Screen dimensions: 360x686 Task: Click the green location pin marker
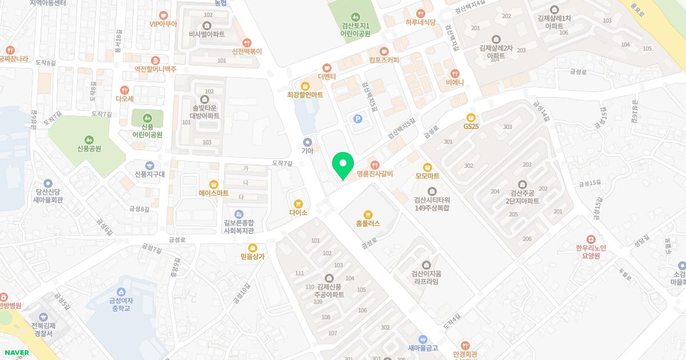coord(343,165)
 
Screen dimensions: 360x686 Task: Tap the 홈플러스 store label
coord(368,223)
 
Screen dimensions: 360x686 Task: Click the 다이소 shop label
coord(298,213)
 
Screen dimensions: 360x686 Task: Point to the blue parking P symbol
coord(358,119)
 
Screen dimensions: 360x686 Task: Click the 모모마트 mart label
coord(427,175)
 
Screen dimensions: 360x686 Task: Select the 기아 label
coord(308,151)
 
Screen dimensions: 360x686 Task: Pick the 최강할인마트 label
coord(305,94)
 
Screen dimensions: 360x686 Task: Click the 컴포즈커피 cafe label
coord(384,59)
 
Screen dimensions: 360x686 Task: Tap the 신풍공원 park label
coord(89,148)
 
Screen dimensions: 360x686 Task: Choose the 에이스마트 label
coord(214,193)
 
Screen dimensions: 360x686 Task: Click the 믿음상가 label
coord(253,257)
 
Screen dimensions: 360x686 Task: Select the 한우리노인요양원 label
coord(591,252)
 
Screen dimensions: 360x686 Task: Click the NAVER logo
coord(16,353)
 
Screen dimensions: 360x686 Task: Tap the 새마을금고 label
coord(422,347)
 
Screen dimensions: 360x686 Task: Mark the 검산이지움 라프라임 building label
coord(426,277)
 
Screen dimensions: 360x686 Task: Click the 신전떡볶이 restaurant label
coord(247,51)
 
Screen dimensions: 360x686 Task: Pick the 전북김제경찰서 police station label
coord(42,329)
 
